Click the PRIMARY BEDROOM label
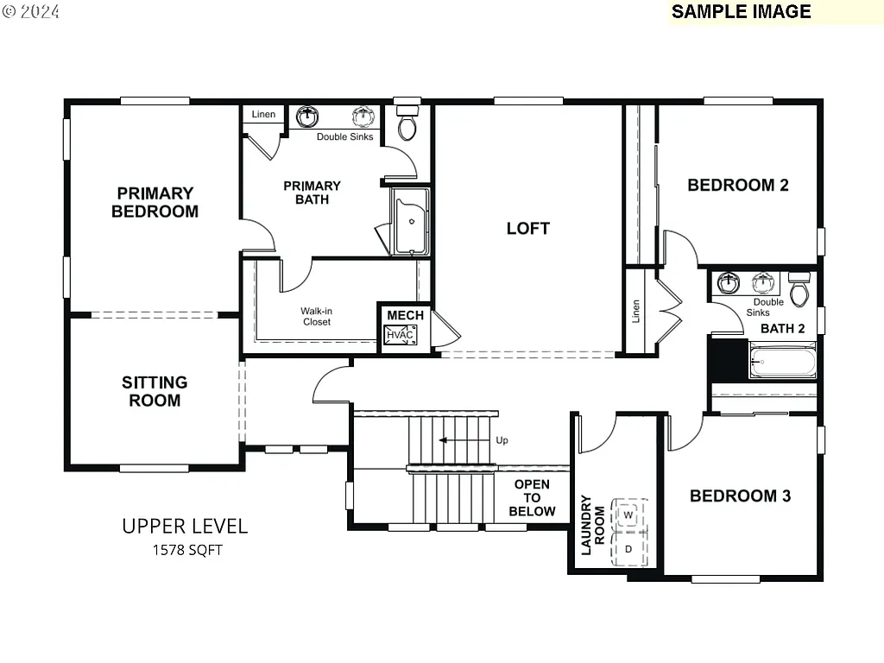[x=155, y=202]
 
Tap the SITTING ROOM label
[x=155, y=391]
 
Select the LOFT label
[x=527, y=229]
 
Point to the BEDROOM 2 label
[x=737, y=185]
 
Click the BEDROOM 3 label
[x=740, y=496]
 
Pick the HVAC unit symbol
[x=400, y=335]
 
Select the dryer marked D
[x=628, y=548]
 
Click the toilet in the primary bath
[x=407, y=123]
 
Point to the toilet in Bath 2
[x=799, y=291]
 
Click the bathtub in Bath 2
[x=782, y=361]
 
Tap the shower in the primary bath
[x=411, y=222]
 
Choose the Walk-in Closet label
[x=316, y=316]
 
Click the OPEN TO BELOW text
[x=532, y=498]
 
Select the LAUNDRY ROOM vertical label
[x=592, y=524]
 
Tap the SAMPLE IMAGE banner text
[x=741, y=11]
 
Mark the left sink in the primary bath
[x=307, y=116]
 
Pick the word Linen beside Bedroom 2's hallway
[x=636, y=312]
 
